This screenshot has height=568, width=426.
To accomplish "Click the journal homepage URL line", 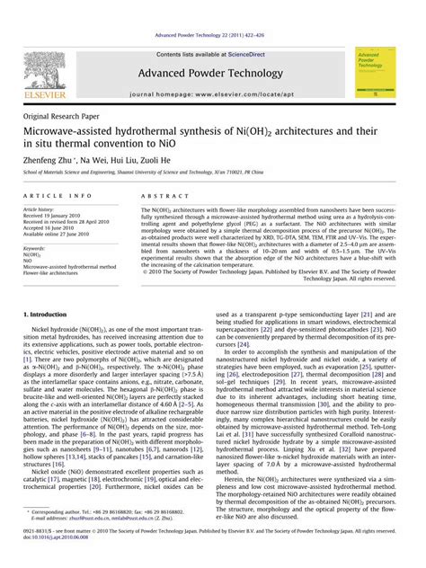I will pyautogui.click(x=212, y=93).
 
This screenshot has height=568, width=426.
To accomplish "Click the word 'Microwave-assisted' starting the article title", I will pyautogui.click(x=77, y=133).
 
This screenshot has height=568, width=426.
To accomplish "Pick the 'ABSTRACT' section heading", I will pyautogui.click(x=160, y=195).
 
